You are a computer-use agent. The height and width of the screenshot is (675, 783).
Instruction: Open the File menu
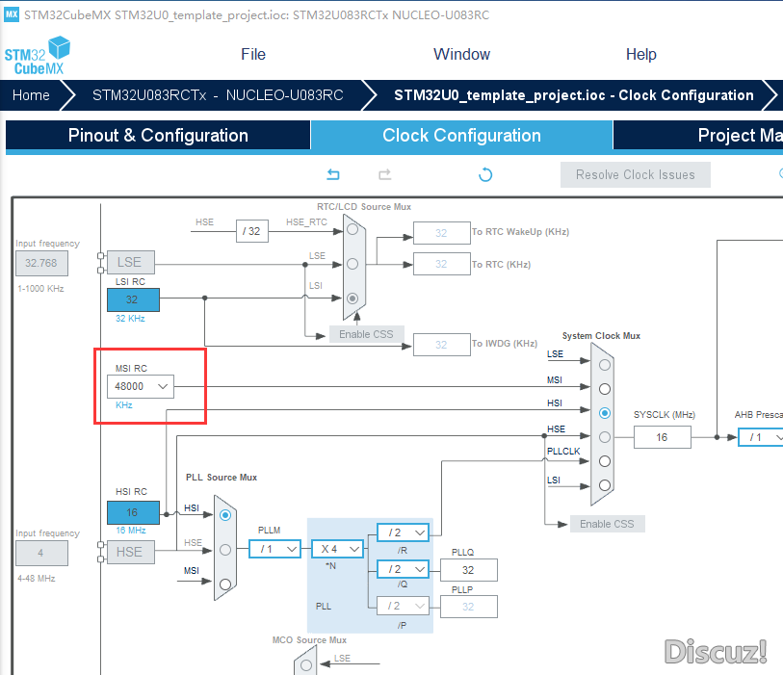[253, 54]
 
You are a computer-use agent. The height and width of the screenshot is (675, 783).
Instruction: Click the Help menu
[641, 54]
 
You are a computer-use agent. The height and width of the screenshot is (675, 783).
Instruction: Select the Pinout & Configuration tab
[158, 135]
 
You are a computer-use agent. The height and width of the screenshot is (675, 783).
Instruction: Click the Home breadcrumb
[31, 95]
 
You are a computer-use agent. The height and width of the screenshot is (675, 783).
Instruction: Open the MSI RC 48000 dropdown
[141, 386]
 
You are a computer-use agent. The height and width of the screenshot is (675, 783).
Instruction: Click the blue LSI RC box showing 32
[133, 299]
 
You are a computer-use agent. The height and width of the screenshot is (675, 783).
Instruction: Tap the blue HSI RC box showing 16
[133, 512]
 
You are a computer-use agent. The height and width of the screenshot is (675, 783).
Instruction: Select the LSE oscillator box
[130, 262]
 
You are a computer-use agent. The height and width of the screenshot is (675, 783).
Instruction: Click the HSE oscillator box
[130, 552]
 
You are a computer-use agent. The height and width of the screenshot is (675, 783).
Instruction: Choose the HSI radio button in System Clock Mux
[605, 413]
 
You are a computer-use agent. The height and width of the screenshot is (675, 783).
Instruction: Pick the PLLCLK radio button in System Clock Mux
[605, 461]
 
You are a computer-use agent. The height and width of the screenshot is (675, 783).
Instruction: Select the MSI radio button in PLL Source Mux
[225, 584]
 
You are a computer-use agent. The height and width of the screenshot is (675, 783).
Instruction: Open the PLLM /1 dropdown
[275, 549]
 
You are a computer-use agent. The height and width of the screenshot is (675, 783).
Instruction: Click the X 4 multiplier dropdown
[338, 549]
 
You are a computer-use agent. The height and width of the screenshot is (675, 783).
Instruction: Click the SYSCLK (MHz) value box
[663, 437]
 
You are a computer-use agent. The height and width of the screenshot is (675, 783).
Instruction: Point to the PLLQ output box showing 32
[468, 570]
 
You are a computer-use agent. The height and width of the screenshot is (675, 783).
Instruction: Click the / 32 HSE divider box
[252, 231]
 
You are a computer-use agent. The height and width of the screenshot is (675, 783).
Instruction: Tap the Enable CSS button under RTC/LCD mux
[367, 334]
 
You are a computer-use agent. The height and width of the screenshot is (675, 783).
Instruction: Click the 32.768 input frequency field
[41, 263]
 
